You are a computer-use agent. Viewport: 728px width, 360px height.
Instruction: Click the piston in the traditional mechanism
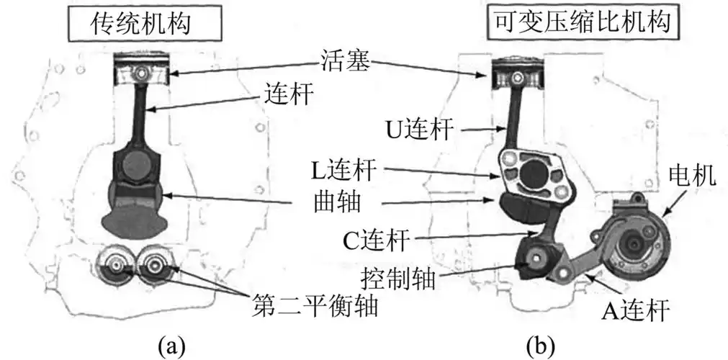point(144,73)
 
